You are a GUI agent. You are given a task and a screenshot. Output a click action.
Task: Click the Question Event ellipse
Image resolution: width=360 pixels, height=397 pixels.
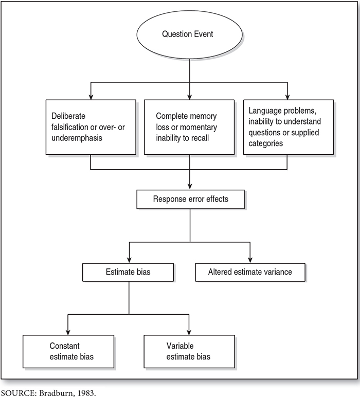click(189, 34)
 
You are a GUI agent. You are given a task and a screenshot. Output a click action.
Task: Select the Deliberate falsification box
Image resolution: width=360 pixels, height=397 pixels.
click(91, 127)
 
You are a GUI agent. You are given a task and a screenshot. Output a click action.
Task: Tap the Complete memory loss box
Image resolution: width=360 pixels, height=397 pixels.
click(189, 127)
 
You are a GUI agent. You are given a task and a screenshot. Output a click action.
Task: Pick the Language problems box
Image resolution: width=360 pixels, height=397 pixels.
click(289, 127)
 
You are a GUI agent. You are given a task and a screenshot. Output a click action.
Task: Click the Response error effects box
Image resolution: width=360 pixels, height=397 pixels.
click(191, 199)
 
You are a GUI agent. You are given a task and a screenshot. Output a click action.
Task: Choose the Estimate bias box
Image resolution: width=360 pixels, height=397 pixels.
click(128, 272)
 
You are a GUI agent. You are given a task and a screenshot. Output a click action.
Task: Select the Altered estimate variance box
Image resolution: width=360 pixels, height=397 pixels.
click(250, 272)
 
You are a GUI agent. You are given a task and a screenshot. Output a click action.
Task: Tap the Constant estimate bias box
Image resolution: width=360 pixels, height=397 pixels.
click(68, 351)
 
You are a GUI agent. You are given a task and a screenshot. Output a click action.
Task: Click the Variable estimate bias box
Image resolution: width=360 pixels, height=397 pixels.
click(189, 351)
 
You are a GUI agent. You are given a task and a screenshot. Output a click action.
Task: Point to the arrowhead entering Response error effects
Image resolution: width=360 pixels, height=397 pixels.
click(190, 186)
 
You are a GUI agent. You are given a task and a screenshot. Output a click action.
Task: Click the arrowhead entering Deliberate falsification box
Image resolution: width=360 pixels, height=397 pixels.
click(91, 97)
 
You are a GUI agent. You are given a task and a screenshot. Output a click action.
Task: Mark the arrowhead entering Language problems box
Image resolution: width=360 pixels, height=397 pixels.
click(287, 97)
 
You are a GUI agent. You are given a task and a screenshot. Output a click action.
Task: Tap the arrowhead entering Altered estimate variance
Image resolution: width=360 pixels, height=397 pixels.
click(250, 260)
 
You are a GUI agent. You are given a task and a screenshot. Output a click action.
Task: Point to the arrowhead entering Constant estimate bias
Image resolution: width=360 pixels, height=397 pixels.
click(68, 332)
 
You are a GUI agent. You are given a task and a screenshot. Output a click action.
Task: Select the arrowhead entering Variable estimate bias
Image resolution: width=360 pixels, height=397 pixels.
click(189, 332)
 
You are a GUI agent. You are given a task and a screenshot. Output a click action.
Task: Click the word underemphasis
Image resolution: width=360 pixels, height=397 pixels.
click(77, 138)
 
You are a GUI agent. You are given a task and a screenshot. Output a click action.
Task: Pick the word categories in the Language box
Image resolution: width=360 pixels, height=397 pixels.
click(265, 143)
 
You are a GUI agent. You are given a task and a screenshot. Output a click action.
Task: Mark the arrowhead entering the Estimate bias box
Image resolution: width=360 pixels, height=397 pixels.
click(130, 260)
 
